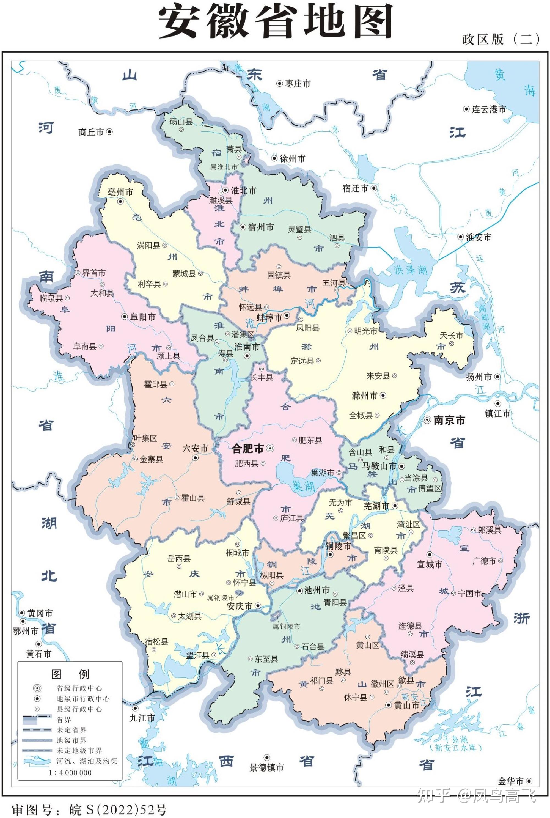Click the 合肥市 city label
(248, 448)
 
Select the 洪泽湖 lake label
(411, 270)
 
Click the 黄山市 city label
(406, 705)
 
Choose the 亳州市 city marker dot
(120, 201)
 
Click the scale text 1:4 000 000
(70, 772)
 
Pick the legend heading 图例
(70, 674)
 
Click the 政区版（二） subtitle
(501, 39)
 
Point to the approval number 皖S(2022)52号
(89, 809)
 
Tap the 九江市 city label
(142, 718)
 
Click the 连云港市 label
(489, 109)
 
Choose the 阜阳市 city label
(143, 317)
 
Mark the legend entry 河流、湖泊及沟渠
(87, 761)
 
